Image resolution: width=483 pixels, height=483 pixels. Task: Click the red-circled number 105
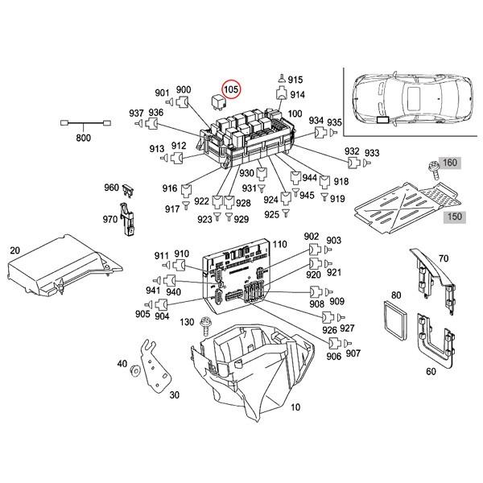pos(232,89)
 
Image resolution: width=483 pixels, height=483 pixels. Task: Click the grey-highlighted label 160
pos(450,163)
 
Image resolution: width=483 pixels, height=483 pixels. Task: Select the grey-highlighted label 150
pos(456,217)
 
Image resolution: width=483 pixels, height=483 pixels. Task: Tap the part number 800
pos(83,138)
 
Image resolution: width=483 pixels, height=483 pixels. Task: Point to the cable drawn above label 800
pos(83,123)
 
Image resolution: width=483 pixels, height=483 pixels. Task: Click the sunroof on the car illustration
pos(415,101)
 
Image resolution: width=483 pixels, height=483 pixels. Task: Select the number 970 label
pos(110,218)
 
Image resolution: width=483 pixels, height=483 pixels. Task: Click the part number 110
pos(279,244)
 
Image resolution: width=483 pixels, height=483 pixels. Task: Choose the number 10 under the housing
pos(295,407)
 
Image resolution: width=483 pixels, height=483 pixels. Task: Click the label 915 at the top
pos(295,80)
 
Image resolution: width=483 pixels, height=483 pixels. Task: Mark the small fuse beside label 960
pos(132,191)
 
